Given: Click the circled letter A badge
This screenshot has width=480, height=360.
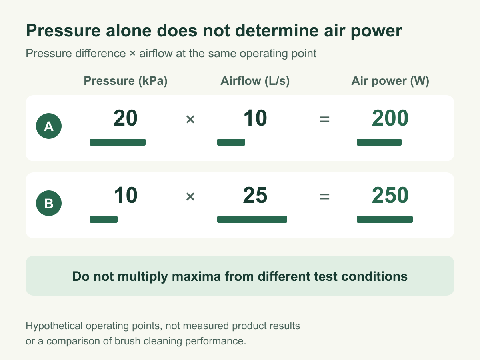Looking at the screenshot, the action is click(49, 126).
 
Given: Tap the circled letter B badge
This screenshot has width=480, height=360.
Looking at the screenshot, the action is click(49, 203).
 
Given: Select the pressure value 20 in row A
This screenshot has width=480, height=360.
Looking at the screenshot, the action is click(125, 118).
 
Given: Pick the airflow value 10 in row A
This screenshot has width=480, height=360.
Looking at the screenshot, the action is click(255, 118).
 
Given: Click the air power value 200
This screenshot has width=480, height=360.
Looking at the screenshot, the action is click(390, 118).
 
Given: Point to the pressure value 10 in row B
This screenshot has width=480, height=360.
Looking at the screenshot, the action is click(126, 195).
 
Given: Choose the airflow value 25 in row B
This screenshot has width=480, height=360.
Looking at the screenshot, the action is click(255, 195).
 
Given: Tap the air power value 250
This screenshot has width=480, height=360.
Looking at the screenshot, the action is click(390, 195).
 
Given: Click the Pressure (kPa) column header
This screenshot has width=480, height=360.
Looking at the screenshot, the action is click(126, 81).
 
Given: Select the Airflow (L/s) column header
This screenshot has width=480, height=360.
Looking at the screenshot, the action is click(255, 81).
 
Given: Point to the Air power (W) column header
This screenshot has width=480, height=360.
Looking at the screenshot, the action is click(390, 81).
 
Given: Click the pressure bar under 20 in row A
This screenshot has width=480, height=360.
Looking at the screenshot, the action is click(118, 142).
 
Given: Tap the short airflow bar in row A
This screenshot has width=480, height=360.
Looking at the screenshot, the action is click(231, 142).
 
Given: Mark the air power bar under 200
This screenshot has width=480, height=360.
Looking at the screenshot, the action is click(379, 142).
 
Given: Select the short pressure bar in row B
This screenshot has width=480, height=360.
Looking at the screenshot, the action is click(104, 219).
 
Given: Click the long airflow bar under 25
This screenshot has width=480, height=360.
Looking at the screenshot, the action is click(252, 219).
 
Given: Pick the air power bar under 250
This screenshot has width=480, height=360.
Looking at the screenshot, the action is click(385, 219).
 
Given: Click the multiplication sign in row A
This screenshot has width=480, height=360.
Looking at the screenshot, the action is click(190, 119).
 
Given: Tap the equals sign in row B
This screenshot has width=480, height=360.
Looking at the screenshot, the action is click(325, 196).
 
